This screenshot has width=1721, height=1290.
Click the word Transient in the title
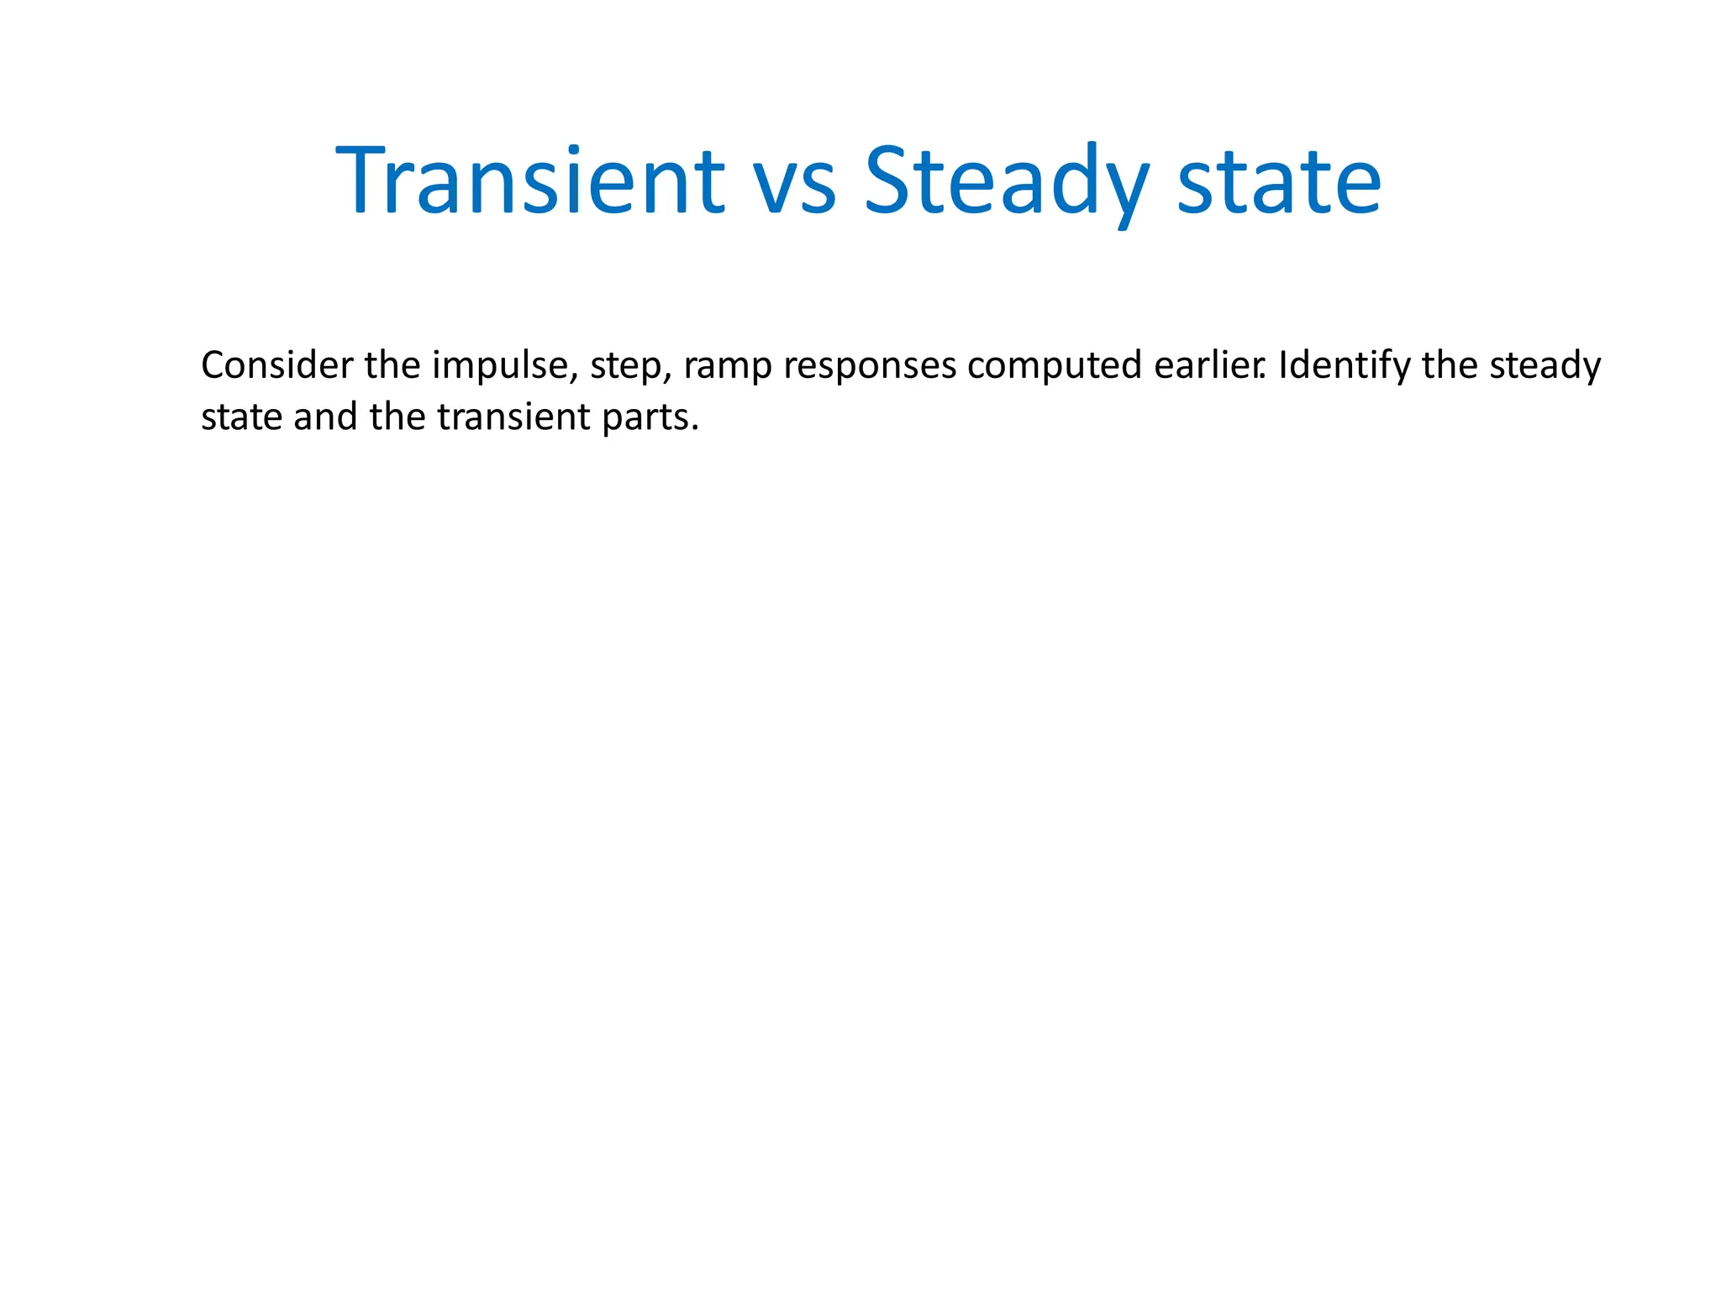529,181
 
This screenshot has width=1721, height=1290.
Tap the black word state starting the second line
241,417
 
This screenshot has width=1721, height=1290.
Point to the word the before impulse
393,365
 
